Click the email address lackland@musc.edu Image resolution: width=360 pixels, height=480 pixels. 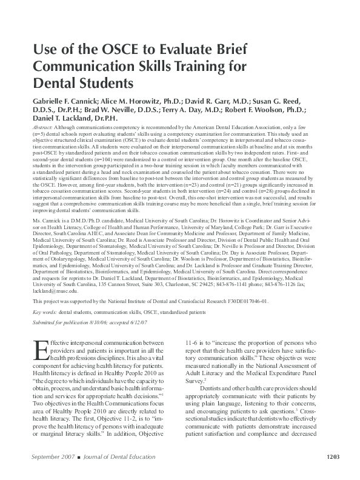click(56, 290)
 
